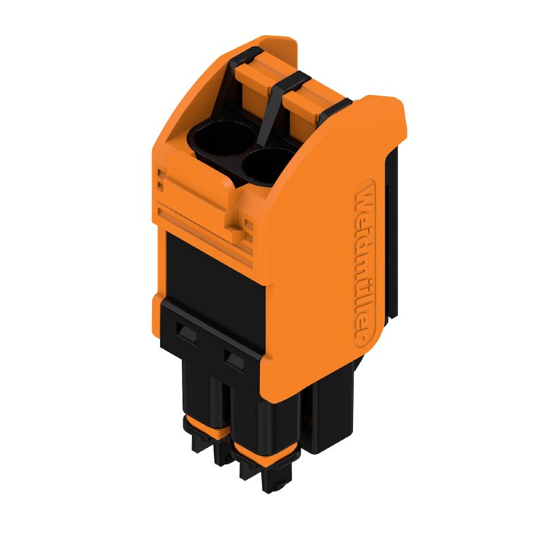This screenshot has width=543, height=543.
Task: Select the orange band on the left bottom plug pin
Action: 202,428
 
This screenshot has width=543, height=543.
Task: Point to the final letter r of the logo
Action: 364,334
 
